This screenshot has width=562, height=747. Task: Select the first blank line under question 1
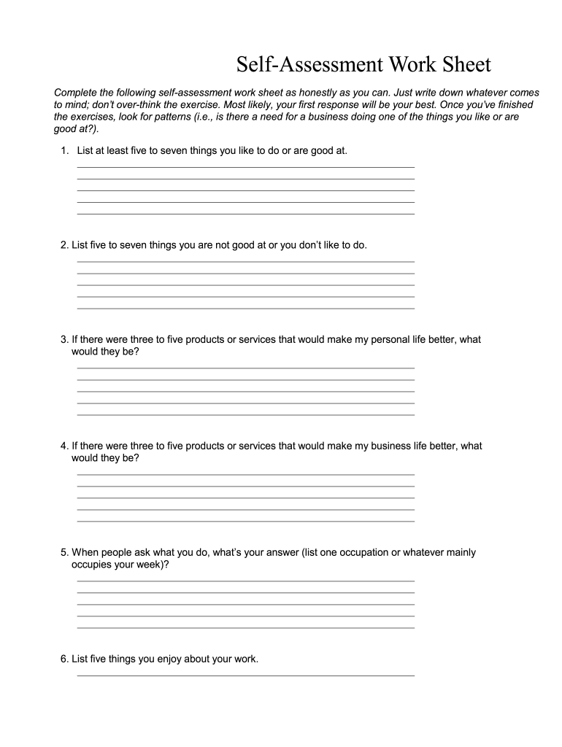point(245,167)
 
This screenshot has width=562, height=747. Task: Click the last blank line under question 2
point(245,309)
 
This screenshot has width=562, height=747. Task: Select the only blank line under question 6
point(245,676)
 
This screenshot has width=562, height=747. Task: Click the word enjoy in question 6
point(169,659)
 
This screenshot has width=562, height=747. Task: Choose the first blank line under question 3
point(245,368)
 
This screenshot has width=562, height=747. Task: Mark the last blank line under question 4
point(245,522)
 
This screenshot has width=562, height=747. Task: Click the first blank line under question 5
point(245,581)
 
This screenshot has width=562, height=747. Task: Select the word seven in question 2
point(133,245)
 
